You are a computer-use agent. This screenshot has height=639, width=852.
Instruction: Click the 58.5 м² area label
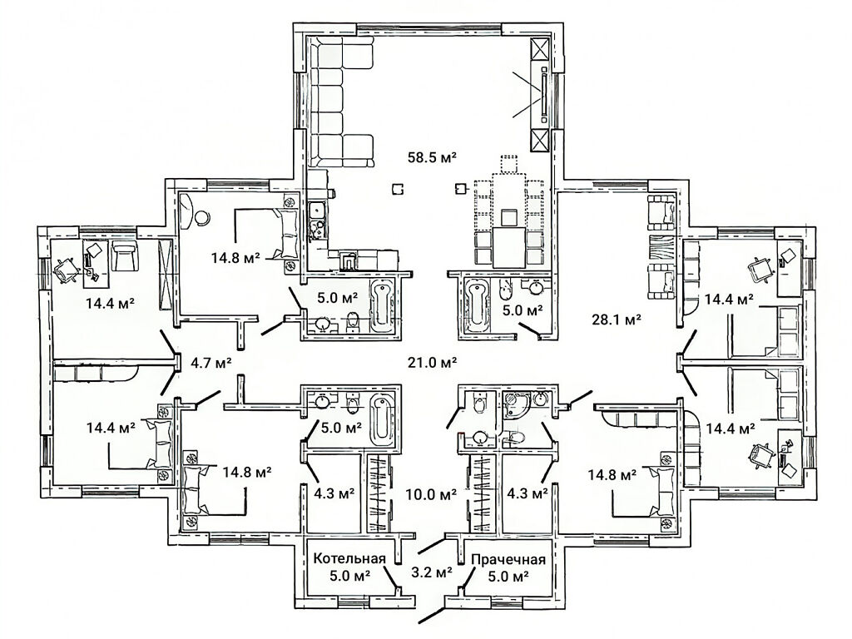tap(432, 157)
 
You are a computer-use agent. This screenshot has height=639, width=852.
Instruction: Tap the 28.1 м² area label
tap(616, 319)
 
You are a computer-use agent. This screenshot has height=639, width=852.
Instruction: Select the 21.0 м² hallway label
tap(432, 362)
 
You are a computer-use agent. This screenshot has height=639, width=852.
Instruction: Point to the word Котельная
tap(350, 559)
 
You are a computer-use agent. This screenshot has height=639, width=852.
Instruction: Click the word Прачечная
tap(508, 560)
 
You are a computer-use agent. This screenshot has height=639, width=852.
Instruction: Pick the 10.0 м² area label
tap(432, 493)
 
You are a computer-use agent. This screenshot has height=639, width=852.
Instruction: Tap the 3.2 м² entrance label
tap(433, 572)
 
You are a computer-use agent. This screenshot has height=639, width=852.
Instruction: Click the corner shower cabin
tap(515, 406)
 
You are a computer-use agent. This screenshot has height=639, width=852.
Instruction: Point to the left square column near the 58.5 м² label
tap(398, 189)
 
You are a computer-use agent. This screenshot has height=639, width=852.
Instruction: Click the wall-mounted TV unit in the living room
tap(542, 92)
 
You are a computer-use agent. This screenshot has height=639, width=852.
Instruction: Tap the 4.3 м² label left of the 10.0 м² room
tap(334, 493)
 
